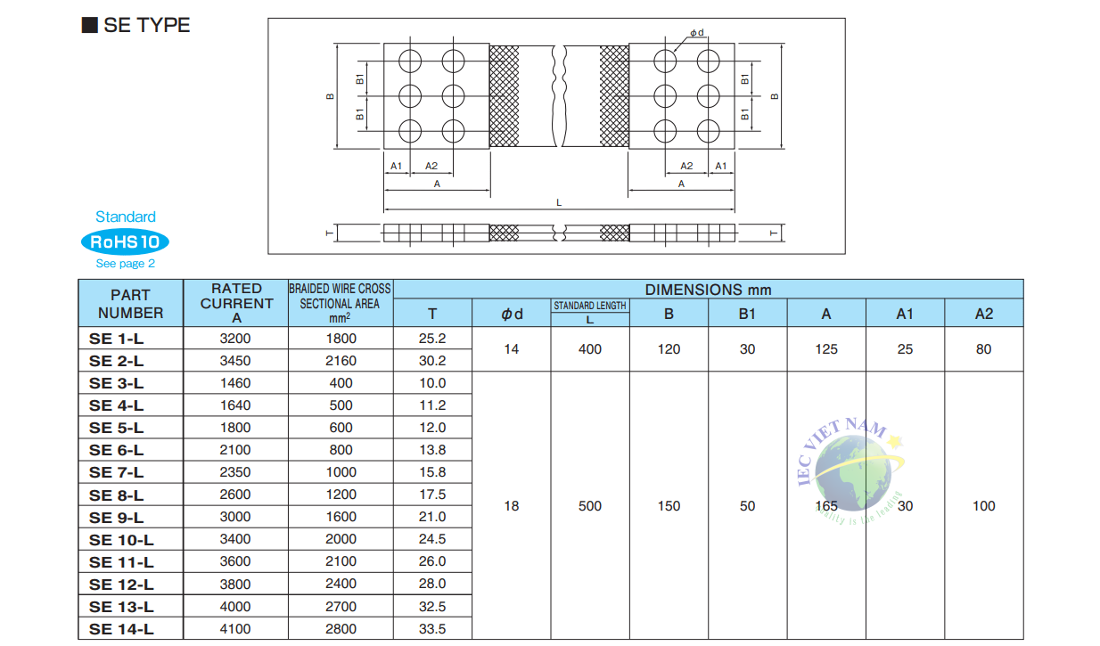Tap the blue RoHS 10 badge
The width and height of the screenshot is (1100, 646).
click(x=125, y=241)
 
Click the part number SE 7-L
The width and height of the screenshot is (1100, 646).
click(x=116, y=472)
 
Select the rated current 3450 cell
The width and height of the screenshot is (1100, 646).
click(x=235, y=361)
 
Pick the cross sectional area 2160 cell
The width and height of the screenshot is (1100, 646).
click(x=341, y=361)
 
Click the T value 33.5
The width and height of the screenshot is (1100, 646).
click(x=432, y=629)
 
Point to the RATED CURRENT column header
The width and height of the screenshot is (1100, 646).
click(x=236, y=303)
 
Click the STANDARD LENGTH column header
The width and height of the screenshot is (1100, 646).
click(x=590, y=306)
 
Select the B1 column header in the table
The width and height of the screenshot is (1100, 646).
click(x=747, y=313)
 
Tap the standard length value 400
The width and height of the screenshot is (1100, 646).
click(x=590, y=349)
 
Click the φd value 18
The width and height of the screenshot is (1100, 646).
click(x=511, y=506)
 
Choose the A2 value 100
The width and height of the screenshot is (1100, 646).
click(x=983, y=506)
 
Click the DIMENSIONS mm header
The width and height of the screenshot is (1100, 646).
click(x=708, y=290)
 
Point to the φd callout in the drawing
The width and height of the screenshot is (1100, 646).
click(x=696, y=33)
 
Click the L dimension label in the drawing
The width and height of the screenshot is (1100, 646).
click(x=559, y=202)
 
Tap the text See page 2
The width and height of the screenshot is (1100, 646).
click(x=125, y=263)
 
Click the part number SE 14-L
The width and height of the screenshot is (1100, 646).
click(x=121, y=629)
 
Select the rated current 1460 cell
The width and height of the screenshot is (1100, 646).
click(x=235, y=383)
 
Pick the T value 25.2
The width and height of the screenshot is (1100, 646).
click(x=432, y=339)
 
